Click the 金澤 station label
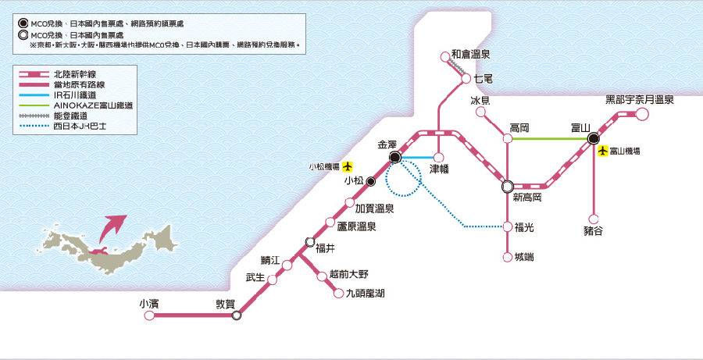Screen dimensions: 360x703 point(388,145)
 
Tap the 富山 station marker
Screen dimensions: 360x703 point(593,139)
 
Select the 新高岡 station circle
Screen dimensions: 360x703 point(508,187)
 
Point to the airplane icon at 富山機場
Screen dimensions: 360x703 point(602,151)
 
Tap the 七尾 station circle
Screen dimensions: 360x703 point(466,79)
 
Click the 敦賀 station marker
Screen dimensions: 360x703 point(237,315)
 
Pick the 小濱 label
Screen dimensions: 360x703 point(148,303)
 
